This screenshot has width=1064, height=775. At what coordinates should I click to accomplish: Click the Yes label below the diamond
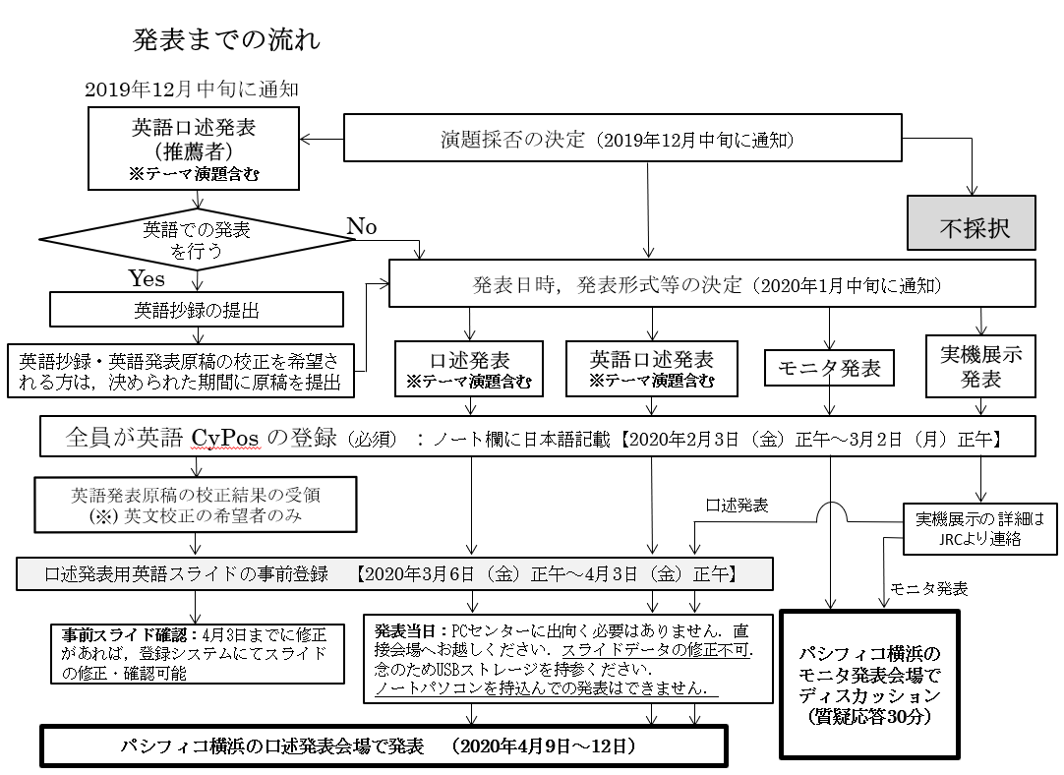click(x=147, y=279)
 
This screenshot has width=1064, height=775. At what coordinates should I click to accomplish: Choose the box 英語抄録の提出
click(x=197, y=310)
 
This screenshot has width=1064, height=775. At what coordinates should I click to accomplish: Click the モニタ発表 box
click(x=829, y=369)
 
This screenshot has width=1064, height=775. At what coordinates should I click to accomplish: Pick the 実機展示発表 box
click(x=981, y=367)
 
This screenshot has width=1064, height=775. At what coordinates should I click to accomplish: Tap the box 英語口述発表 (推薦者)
click(x=198, y=147)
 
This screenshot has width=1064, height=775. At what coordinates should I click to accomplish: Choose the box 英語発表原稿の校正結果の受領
click(x=197, y=505)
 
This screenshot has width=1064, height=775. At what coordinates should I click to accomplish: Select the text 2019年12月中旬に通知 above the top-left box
click(x=191, y=89)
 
